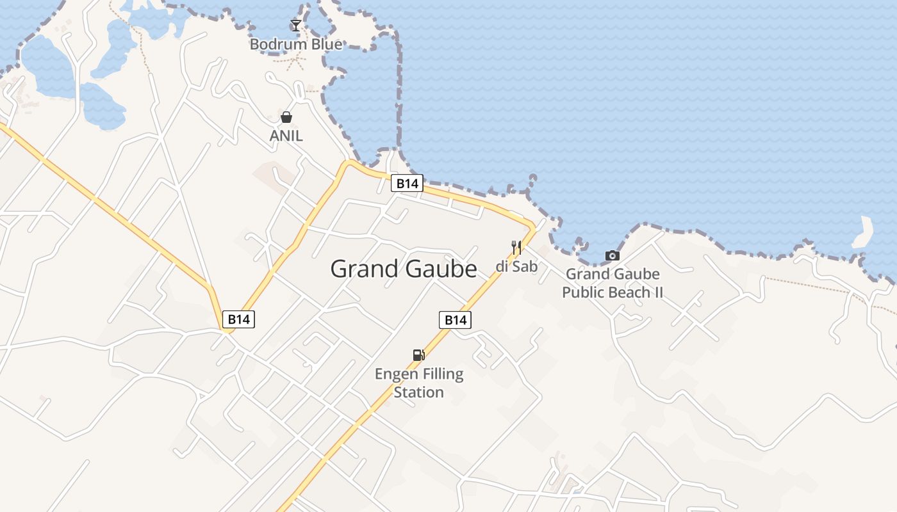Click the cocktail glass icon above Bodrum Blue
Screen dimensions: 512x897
pyautogui.click(x=295, y=26)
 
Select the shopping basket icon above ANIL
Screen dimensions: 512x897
pyautogui.click(x=286, y=117)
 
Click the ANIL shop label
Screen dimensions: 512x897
pyautogui.click(x=286, y=136)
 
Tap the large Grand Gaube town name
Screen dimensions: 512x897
pyautogui.click(x=403, y=269)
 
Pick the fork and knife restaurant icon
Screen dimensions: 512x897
pyautogui.click(x=516, y=247)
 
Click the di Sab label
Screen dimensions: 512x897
pyautogui.click(x=516, y=266)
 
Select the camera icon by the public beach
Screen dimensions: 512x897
pyautogui.click(x=613, y=256)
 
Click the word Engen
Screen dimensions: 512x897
pyautogui.click(x=396, y=374)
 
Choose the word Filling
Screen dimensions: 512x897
pyautogui.click(x=442, y=374)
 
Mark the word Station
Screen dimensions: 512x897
pyautogui.click(x=418, y=392)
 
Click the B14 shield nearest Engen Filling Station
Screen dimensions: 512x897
pyautogui.click(x=455, y=319)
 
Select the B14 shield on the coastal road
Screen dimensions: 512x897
pyautogui.click(x=407, y=184)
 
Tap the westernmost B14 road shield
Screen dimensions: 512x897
pyautogui.click(x=238, y=319)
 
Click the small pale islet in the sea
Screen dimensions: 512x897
pyautogui.click(x=863, y=233)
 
